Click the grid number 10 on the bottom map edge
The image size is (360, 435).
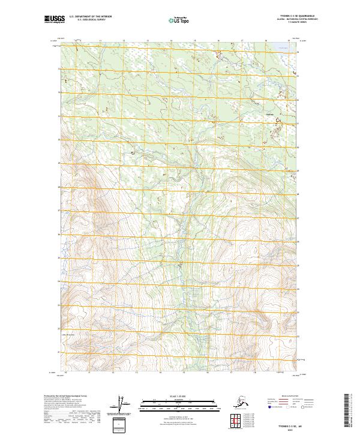[x=64, y=373]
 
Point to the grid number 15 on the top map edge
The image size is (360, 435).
[x=194, y=40]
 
